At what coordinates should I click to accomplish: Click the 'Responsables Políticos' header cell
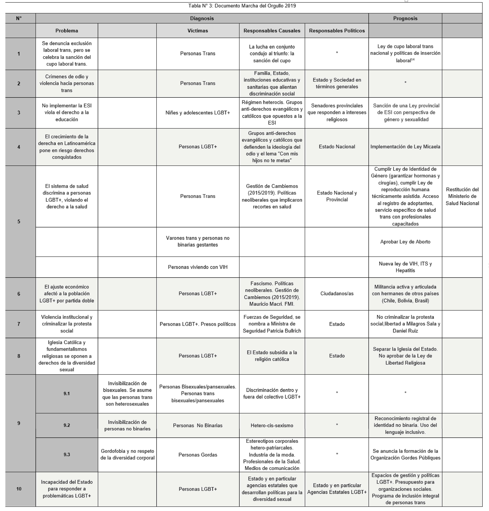337,31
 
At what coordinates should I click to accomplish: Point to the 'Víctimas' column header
198,31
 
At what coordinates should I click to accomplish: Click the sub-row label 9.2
67,425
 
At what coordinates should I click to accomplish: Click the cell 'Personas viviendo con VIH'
198,267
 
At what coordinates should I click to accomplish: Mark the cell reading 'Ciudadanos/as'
337,294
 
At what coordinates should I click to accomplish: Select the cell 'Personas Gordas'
198,455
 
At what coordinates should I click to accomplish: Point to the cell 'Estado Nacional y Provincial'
337,196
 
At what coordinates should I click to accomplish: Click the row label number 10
19,489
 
